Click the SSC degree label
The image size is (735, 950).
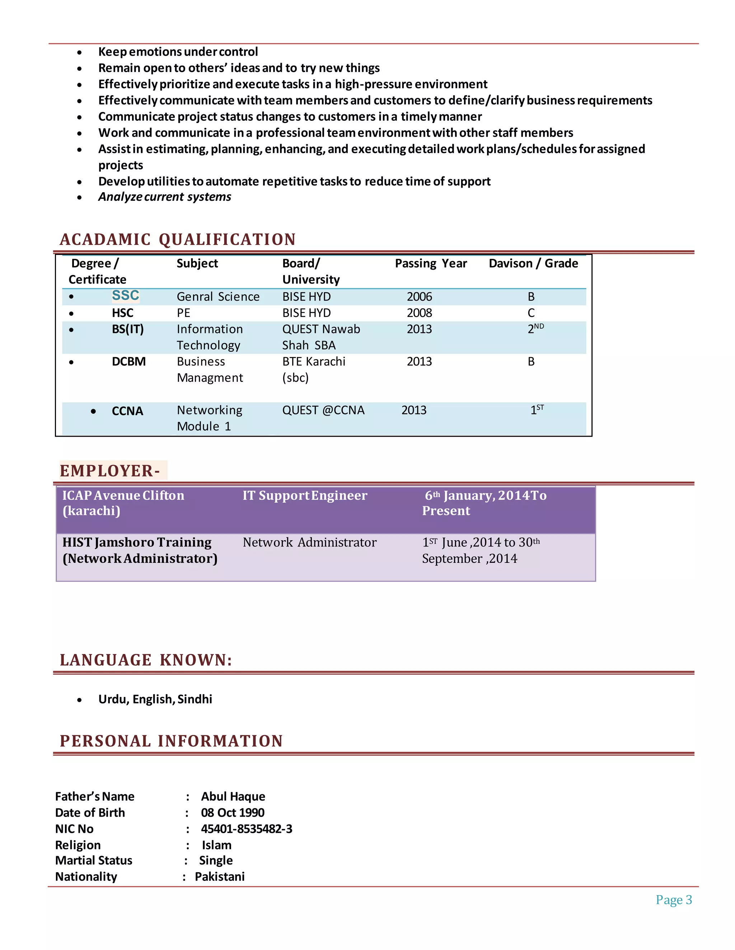point(125,296)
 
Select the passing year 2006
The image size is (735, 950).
point(419,297)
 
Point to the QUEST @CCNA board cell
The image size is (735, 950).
point(323,410)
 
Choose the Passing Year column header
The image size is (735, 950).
point(430,263)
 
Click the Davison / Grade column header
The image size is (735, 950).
point(533,263)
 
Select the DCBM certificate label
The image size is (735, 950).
point(128,361)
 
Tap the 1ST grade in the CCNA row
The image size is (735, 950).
point(537,410)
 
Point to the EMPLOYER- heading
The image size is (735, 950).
point(110,471)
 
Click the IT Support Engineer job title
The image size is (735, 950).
point(305,495)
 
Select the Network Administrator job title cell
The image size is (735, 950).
point(309,542)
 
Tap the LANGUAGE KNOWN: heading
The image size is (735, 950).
point(146,660)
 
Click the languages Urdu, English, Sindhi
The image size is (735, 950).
point(155,699)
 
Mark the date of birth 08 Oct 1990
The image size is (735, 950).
point(233,813)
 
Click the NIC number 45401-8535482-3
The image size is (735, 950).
point(247,828)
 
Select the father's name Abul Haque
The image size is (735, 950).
point(233,797)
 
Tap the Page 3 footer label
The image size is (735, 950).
point(673,899)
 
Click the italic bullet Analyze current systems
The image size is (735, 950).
point(165,197)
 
